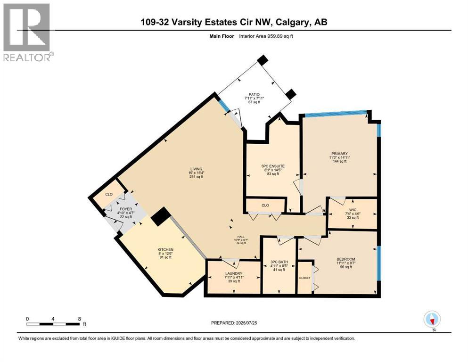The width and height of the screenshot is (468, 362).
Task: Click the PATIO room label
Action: [254, 94]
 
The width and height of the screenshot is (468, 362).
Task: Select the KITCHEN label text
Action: [165, 249]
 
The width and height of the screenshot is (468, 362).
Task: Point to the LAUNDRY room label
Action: [234, 273]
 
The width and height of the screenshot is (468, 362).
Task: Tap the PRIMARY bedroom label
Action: [339, 154]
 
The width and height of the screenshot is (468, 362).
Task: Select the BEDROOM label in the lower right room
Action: [345, 259]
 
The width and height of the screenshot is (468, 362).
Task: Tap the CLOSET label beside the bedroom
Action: [304, 278]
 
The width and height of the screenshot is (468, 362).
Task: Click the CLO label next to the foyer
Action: [109, 194]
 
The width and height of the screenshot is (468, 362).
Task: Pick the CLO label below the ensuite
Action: [265, 205]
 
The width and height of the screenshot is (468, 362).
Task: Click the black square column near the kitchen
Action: [161, 217]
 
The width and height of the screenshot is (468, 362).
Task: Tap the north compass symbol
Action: [432, 320]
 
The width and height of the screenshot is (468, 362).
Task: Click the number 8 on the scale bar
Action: [79, 319]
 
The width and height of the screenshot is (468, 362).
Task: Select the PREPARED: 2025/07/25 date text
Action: [234, 323]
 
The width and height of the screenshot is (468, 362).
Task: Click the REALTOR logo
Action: [27, 32]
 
